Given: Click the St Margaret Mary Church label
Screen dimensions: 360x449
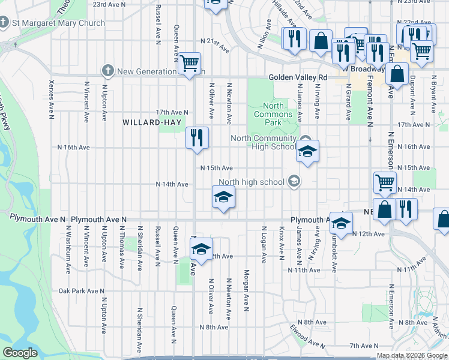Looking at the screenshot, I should pyautogui.click(x=58, y=23).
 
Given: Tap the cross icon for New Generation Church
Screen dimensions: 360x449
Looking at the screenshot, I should pyautogui.click(x=108, y=71).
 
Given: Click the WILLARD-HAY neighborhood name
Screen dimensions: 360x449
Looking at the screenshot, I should pyautogui.click(x=148, y=122).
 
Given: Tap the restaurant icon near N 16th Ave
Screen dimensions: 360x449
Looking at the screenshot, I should pyautogui.click(x=196, y=138).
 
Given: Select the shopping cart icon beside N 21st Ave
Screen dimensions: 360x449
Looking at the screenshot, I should pyautogui.click(x=189, y=63).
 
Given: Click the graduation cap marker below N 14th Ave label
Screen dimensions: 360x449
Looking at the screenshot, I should pyautogui.click(x=223, y=197).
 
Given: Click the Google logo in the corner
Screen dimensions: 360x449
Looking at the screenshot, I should pyautogui.click(x=20, y=353).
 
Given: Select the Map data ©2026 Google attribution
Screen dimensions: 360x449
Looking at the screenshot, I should pyautogui.click(x=412, y=355).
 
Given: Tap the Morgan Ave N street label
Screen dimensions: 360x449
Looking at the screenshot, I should pyautogui.click(x=246, y=291).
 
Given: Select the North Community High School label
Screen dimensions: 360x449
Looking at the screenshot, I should pyautogui.click(x=264, y=142).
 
